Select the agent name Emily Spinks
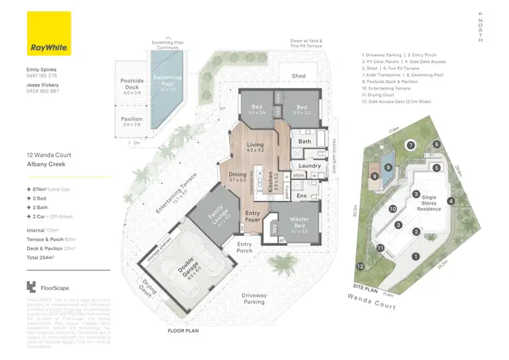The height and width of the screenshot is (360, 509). click(43, 69)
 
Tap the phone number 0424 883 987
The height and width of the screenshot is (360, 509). click(43, 90)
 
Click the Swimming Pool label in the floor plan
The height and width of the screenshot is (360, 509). click(166, 81)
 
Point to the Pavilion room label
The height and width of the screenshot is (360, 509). click(132, 119)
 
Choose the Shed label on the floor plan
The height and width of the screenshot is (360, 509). click(299, 76)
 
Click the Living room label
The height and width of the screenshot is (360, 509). click(255, 145)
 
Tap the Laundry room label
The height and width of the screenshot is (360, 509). click(309, 166)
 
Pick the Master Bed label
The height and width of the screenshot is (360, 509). click(299, 223)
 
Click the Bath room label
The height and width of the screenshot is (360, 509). click(304, 141)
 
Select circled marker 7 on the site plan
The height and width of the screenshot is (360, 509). click(410, 145)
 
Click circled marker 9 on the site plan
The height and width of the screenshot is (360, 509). click(375, 177)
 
